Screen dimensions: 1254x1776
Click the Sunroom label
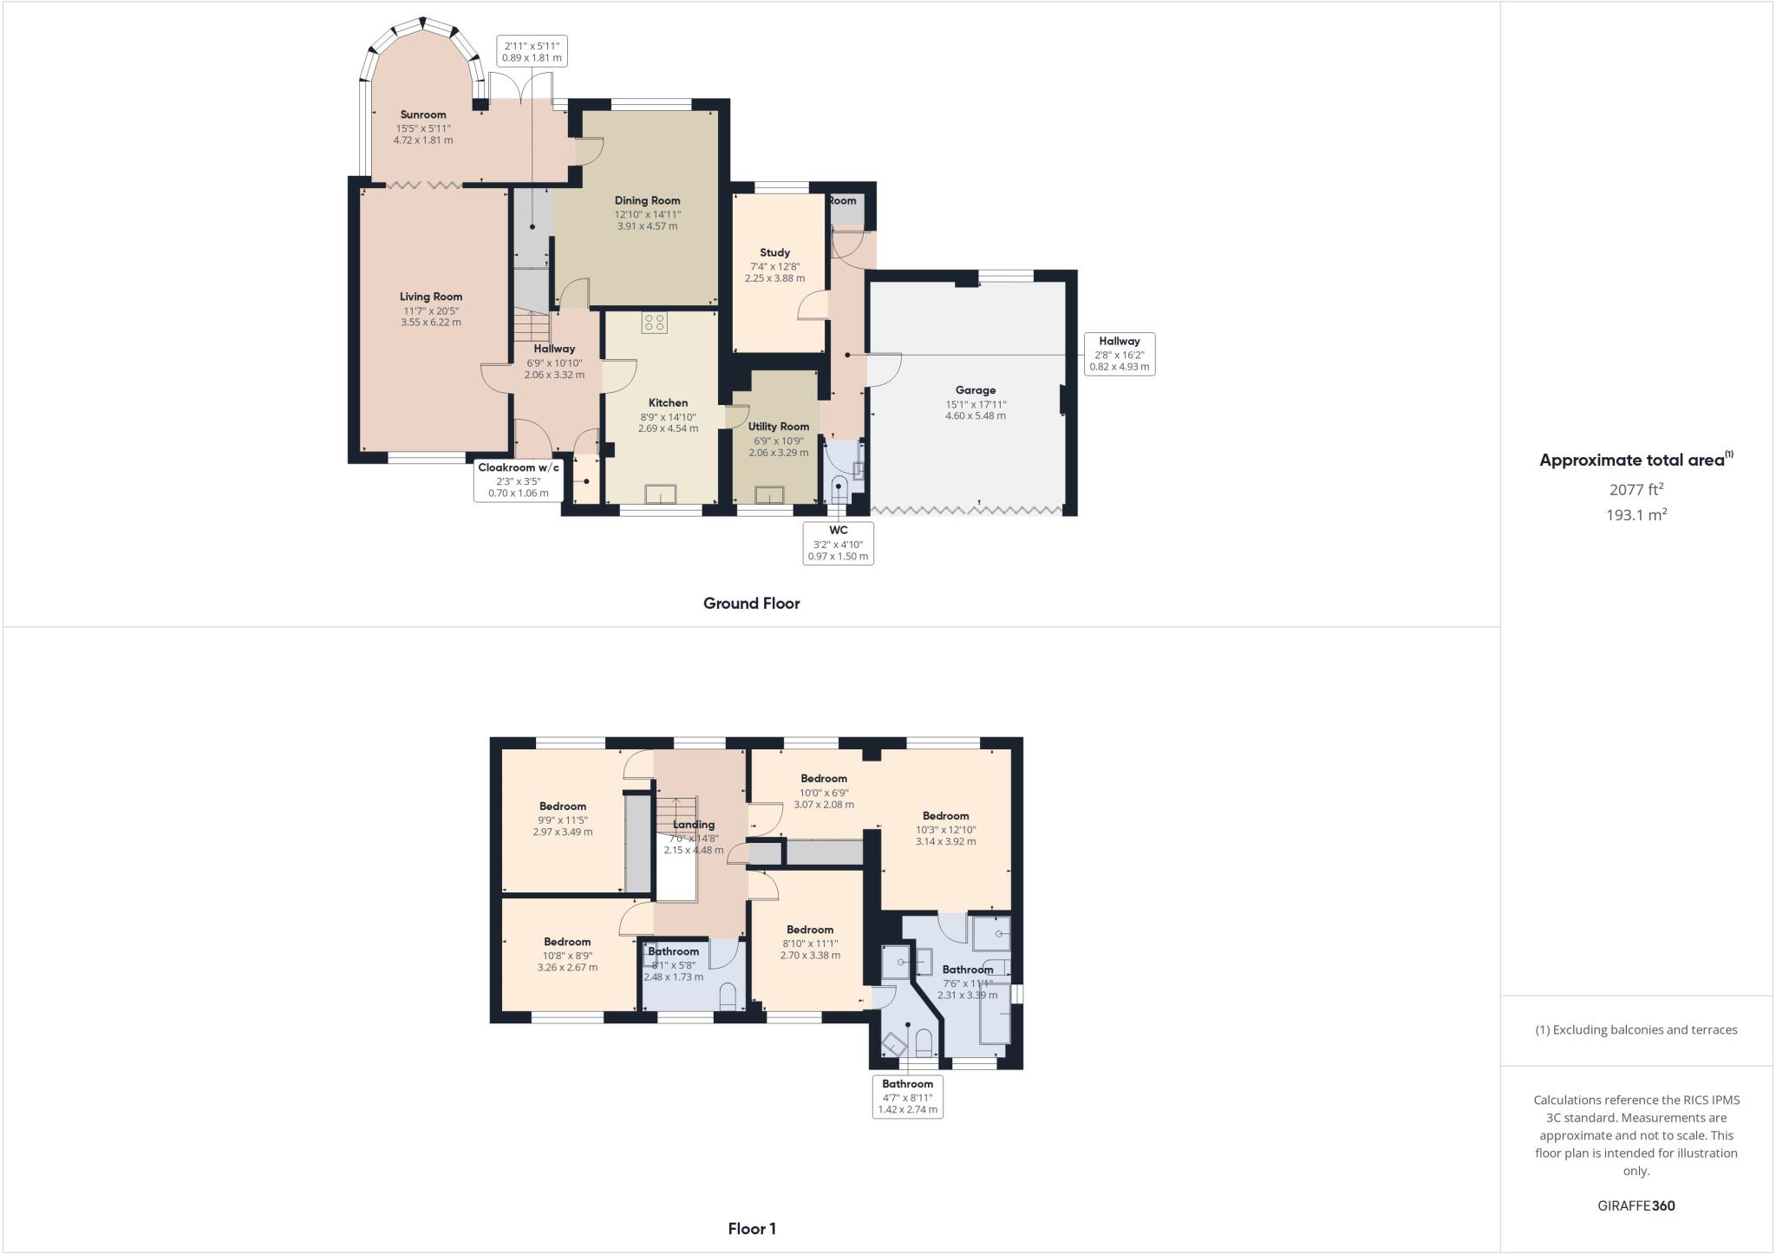[423, 114]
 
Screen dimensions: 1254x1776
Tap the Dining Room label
[647, 200]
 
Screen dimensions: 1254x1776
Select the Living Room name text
[431, 297]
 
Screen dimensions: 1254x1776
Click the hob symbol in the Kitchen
[655, 323]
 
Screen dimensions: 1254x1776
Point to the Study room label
[774, 252]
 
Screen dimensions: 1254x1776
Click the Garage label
[976, 390]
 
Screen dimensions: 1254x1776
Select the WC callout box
[838, 543]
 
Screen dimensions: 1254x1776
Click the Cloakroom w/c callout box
[519, 480]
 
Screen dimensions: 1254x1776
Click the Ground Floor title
[751, 604]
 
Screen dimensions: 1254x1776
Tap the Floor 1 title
[752, 1229]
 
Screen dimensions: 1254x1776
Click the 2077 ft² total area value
[1636, 490]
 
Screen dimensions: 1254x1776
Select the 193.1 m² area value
[1636, 515]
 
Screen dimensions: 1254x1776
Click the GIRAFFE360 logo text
[1636, 1205]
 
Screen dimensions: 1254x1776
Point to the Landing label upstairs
[694, 825]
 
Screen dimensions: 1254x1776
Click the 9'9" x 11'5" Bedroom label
[563, 807]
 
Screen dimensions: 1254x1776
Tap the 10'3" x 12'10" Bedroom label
[945, 816]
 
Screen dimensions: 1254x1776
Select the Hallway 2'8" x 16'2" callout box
[1119, 354]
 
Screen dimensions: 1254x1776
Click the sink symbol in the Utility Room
[768, 495]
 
